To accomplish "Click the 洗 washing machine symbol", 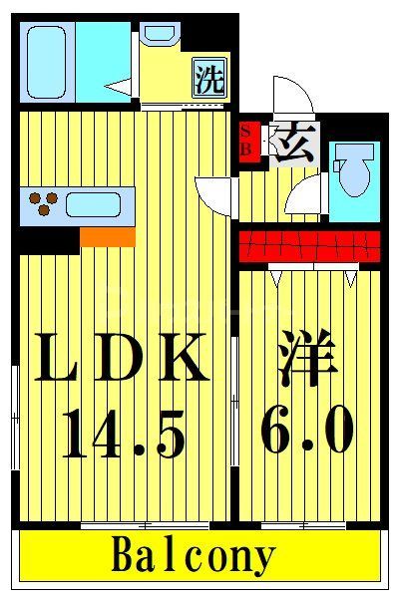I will tap(208, 79).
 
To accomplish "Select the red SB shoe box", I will tap(246, 140).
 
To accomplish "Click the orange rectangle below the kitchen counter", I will tap(107, 236).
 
